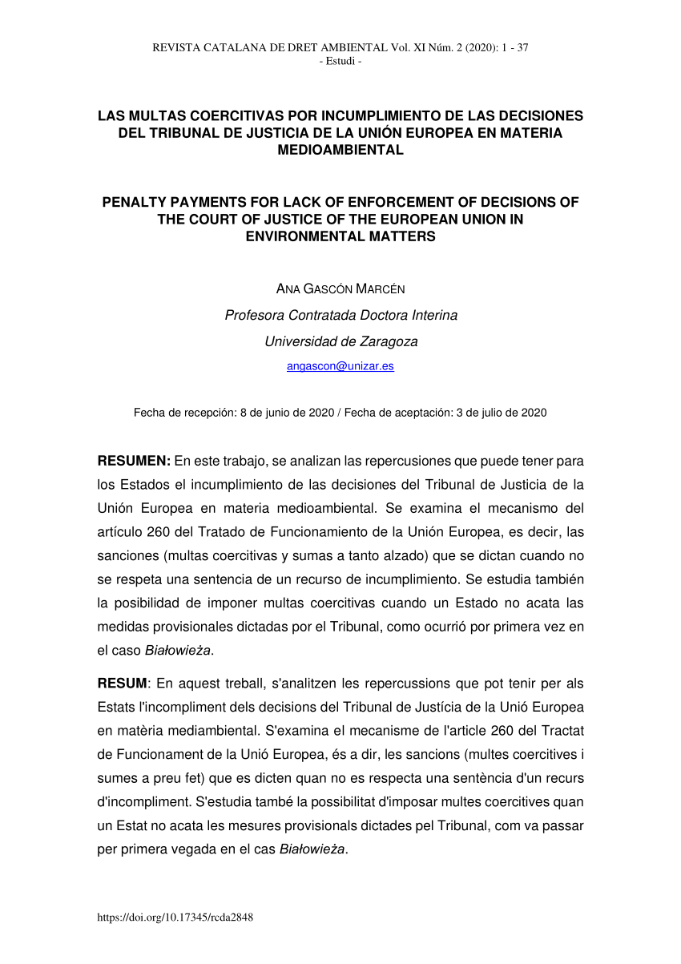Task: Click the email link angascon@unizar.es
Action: pos(340,366)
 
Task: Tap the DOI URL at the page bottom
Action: pos(175,918)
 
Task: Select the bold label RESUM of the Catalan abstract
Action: pos(123,684)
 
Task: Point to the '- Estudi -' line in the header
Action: pos(340,61)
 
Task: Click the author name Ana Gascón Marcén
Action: pos(340,288)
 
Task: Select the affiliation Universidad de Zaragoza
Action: pos(340,341)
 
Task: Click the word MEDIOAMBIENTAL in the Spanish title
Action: pos(340,150)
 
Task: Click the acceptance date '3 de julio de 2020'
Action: pos(502,413)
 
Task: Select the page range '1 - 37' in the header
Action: pos(512,47)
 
